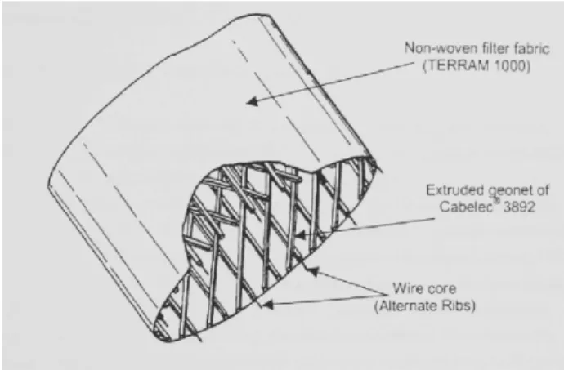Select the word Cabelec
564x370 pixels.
click(x=465, y=207)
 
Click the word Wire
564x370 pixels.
click(x=405, y=288)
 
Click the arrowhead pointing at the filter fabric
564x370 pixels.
click(x=253, y=101)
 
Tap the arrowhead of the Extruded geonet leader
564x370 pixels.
click(x=300, y=235)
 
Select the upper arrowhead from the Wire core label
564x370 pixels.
click(x=313, y=271)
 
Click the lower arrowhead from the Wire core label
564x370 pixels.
click(x=268, y=305)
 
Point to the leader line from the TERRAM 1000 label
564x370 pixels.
click(x=330, y=82)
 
